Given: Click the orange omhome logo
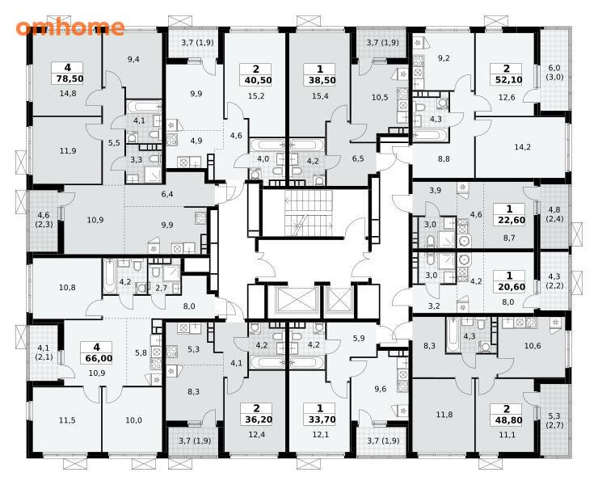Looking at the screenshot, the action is coord(70,27).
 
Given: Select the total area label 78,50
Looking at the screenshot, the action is coord(68,78).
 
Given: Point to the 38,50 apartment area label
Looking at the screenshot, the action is coord(319,80).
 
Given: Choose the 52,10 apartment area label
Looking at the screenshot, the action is coord(507,80).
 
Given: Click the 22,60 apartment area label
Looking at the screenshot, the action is coord(509,220).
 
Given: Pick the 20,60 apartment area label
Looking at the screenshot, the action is coord(509,287).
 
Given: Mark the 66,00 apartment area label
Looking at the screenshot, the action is coord(96,358).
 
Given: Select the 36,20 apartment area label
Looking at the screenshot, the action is coord(256,420).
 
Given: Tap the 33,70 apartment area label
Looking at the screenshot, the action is coord(319,420).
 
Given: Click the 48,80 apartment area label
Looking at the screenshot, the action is coord(507,420).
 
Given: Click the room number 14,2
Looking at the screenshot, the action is coord(522,147).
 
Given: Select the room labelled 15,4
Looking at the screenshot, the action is coord(319,96).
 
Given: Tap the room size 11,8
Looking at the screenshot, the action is coord(444,414).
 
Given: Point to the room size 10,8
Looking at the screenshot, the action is coord(67,287).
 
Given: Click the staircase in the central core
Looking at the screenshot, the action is coord(308,213).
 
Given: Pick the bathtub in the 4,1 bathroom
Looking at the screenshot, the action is coord(143,106).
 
